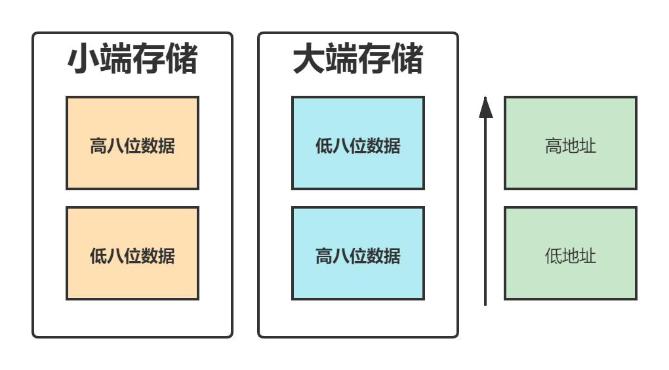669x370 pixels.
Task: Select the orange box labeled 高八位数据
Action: pyautogui.click(x=132, y=143)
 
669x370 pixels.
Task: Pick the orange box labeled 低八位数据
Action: pyautogui.click(x=132, y=253)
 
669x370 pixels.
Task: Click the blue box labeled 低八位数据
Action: pyautogui.click(x=358, y=143)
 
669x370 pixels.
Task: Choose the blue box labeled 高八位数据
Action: pyautogui.click(x=358, y=253)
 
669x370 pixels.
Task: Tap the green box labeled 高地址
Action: pyautogui.click(x=571, y=143)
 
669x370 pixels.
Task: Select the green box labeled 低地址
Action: pyautogui.click(x=571, y=253)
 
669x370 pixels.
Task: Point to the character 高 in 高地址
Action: pyautogui.click(x=554, y=146)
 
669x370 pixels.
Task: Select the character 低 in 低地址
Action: pyautogui.click(x=554, y=256)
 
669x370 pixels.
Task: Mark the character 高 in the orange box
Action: pyautogui.click(x=98, y=146)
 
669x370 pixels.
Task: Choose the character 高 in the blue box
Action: pyautogui.click(x=324, y=256)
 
